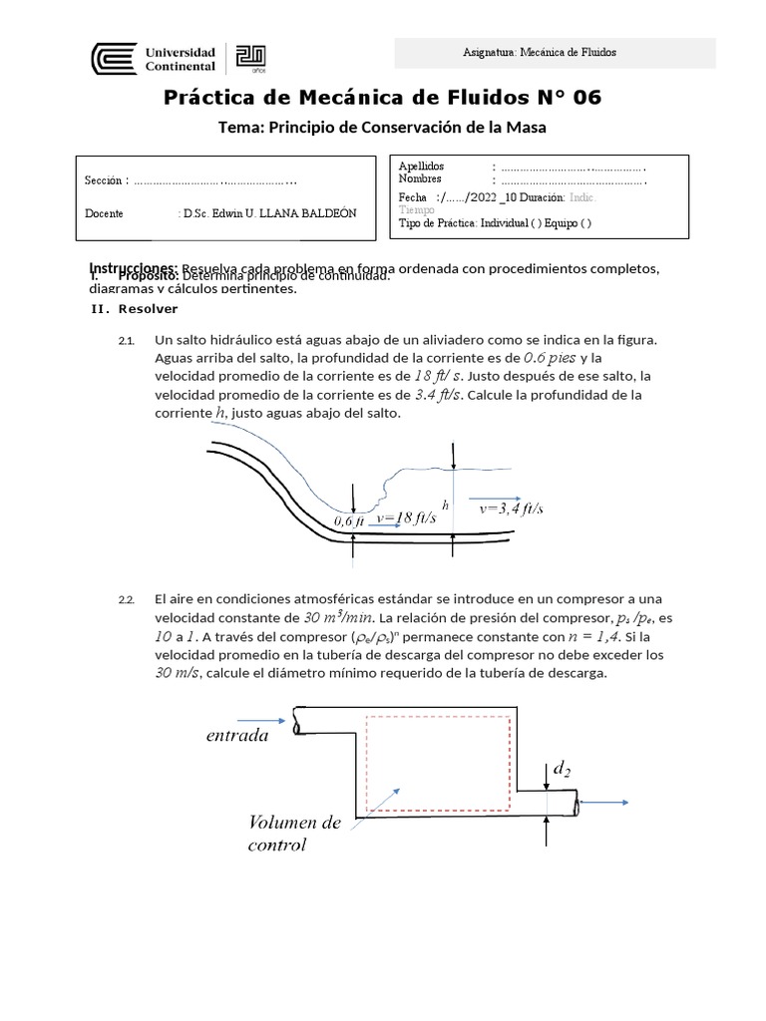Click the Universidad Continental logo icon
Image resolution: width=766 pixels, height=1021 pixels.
click(x=111, y=58)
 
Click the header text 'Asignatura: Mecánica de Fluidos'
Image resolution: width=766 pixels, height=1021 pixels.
click(x=555, y=53)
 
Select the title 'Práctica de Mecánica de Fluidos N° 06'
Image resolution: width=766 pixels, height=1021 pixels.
click(x=382, y=98)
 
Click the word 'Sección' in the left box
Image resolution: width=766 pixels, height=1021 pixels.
click(x=106, y=180)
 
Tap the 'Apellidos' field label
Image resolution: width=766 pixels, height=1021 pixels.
click(x=422, y=166)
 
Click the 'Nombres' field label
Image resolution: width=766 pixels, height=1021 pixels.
click(x=420, y=179)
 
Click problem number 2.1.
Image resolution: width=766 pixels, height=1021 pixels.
click(x=126, y=341)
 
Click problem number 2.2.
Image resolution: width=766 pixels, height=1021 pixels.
click(x=126, y=599)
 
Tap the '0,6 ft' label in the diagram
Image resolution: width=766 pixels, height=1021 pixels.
click(x=349, y=520)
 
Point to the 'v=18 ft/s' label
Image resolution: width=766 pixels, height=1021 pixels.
click(x=409, y=518)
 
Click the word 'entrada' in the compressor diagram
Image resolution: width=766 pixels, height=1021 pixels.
click(x=237, y=736)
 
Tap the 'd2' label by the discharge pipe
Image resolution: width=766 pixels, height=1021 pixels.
click(x=562, y=769)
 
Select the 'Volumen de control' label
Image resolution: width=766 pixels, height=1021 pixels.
click(x=295, y=834)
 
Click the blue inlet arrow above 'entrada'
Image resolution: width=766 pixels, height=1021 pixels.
click(x=261, y=717)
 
